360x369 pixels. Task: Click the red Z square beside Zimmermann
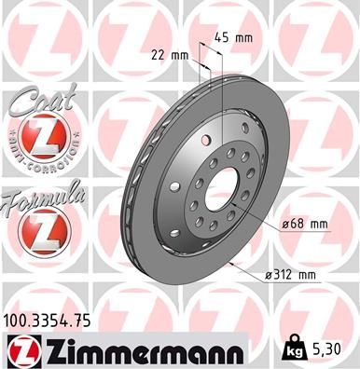coord(26,349)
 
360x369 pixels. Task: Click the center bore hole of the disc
coord(221,190)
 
